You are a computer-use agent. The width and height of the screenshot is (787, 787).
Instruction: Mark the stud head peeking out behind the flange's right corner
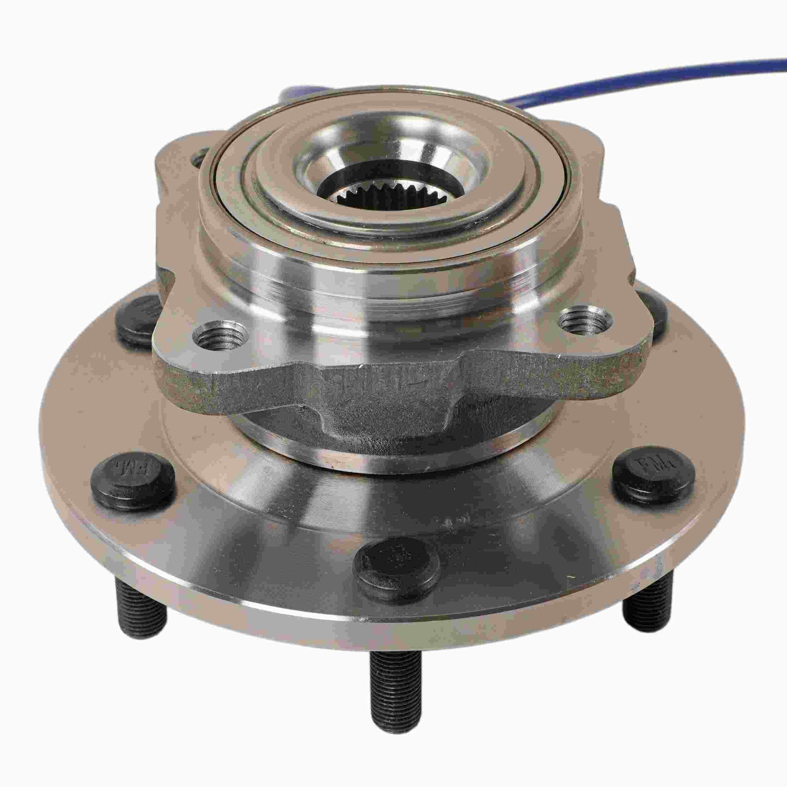coord(654,310)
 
